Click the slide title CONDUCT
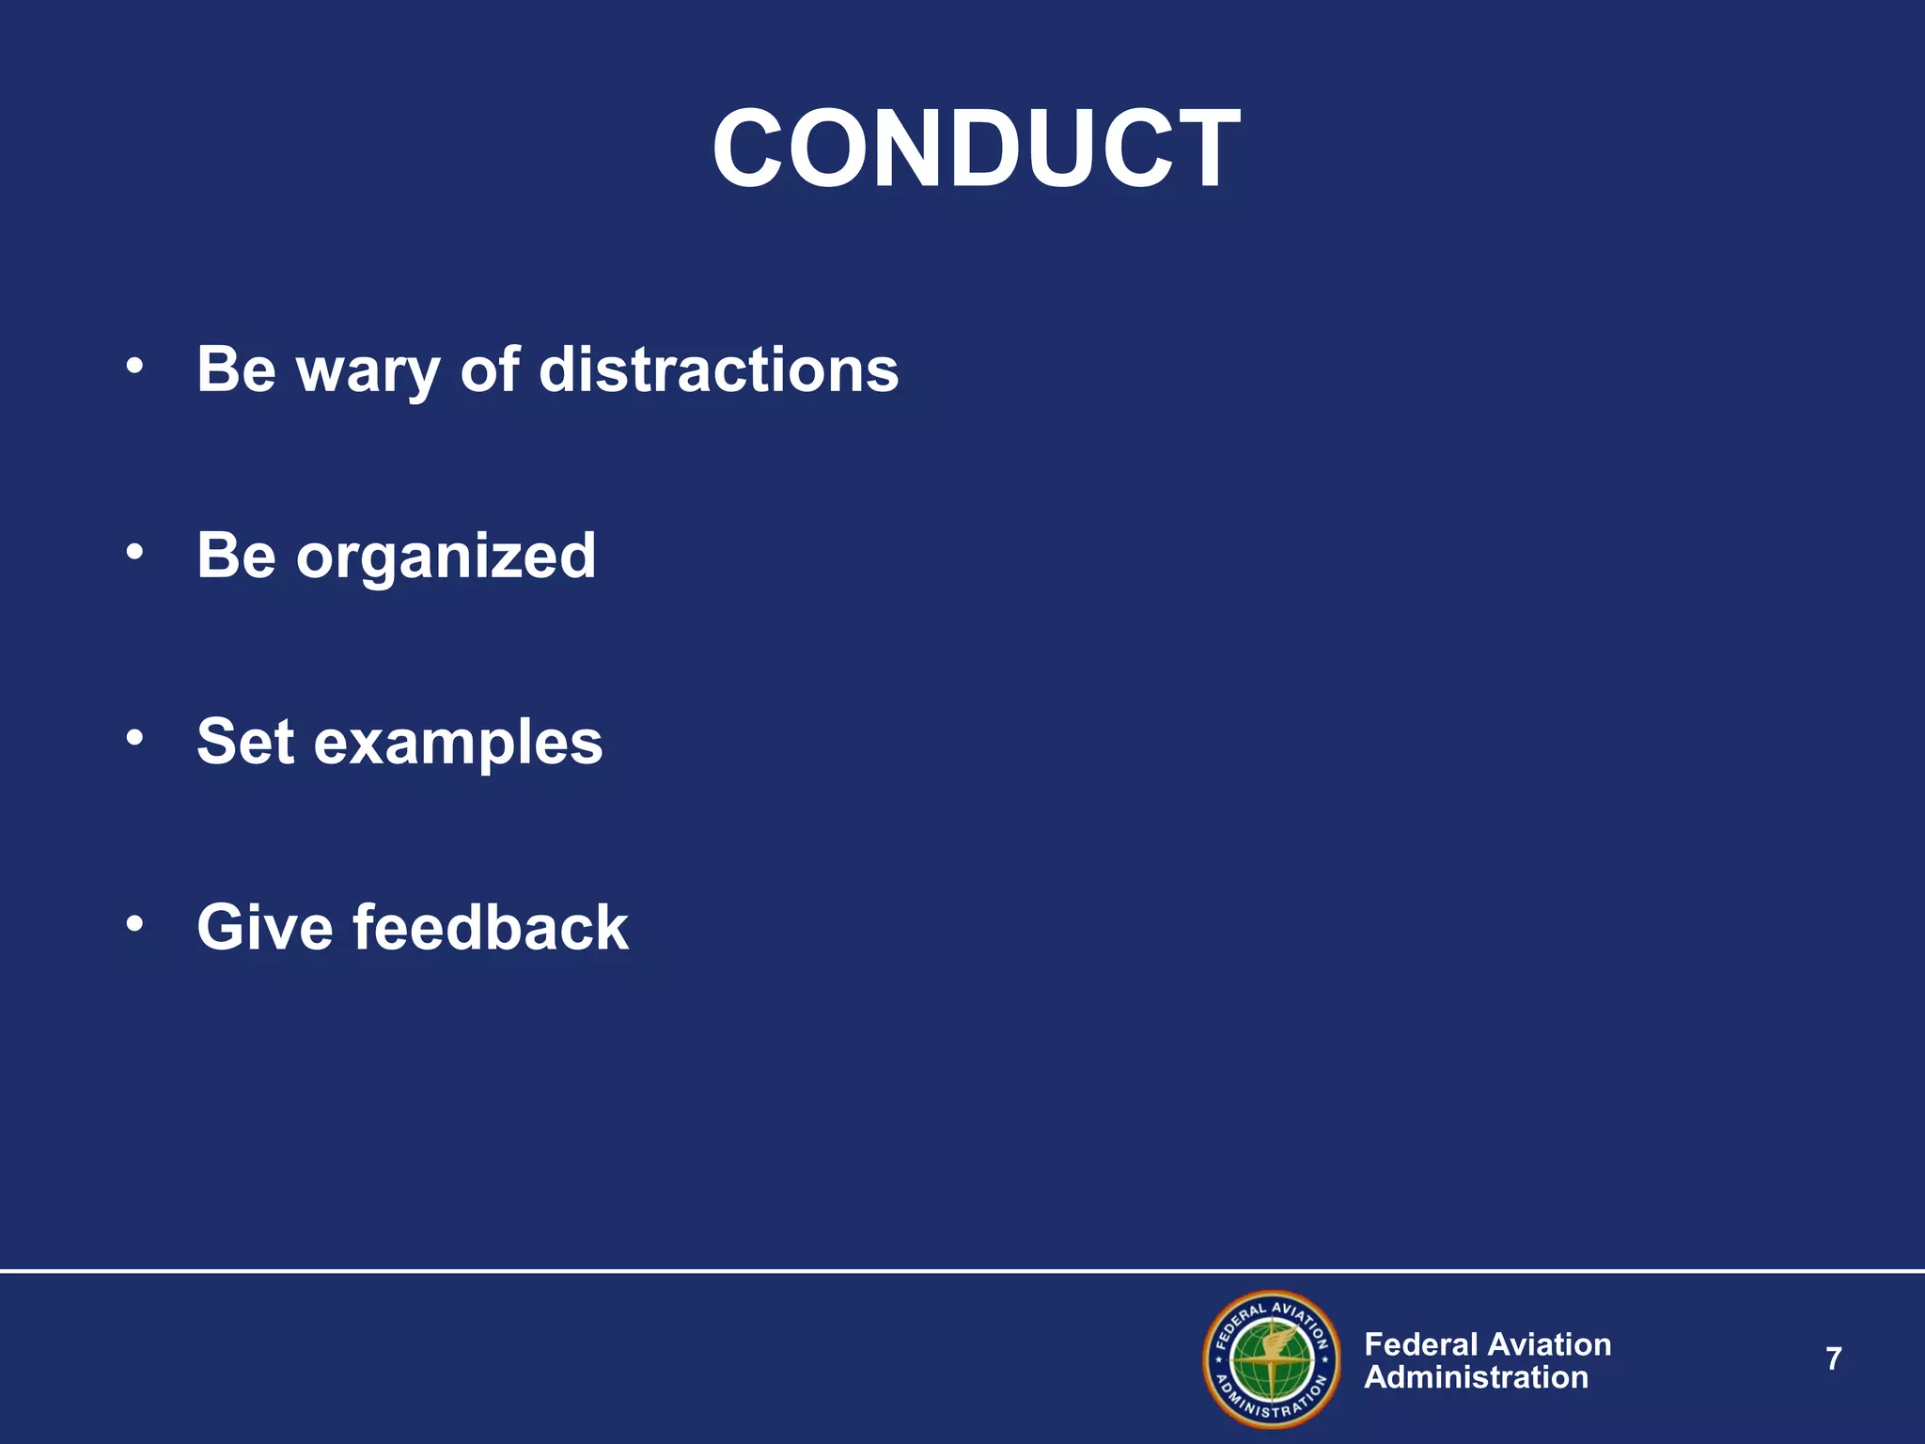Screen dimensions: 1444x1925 point(976,149)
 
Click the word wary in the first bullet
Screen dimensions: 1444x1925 point(368,370)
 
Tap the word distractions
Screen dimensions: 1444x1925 point(718,369)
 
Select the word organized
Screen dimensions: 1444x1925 point(446,557)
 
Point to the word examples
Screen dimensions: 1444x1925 point(458,743)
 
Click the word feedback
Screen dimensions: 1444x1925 point(491,928)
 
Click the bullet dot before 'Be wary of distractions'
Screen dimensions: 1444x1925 point(135,367)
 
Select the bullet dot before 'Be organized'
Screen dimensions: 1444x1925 point(135,553)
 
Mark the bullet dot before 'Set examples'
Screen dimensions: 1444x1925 point(135,739)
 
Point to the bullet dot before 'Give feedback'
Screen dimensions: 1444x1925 point(135,925)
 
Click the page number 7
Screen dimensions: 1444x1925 point(1833,1359)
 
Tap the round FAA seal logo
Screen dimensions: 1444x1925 point(1272,1359)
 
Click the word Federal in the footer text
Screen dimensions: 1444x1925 point(1422,1344)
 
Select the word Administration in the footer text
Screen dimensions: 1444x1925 point(1476,1377)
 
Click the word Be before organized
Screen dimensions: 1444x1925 point(236,555)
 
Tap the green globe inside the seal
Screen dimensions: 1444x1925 point(1272,1360)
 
